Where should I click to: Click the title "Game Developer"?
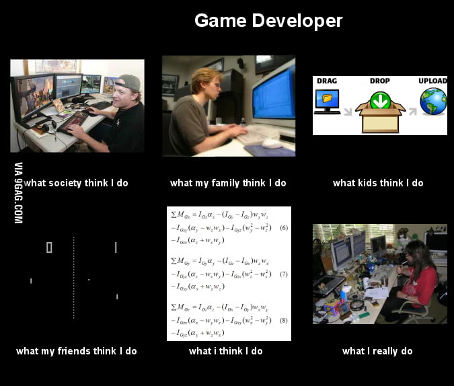(x=268, y=21)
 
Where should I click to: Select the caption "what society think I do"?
(x=76, y=183)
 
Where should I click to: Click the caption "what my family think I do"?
(x=228, y=183)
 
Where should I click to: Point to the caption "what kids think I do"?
(x=378, y=183)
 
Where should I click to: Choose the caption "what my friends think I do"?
(x=76, y=351)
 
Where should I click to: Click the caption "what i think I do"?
(x=226, y=351)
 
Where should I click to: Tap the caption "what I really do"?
(x=377, y=351)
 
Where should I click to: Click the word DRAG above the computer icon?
(x=327, y=81)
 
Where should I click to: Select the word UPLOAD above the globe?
(x=432, y=81)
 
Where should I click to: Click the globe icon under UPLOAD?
(x=433, y=102)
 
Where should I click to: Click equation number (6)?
(x=283, y=228)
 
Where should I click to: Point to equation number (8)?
(x=283, y=320)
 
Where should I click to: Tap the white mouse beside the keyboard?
(x=271, y=143)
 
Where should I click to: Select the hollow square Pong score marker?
(x=49, y=247)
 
